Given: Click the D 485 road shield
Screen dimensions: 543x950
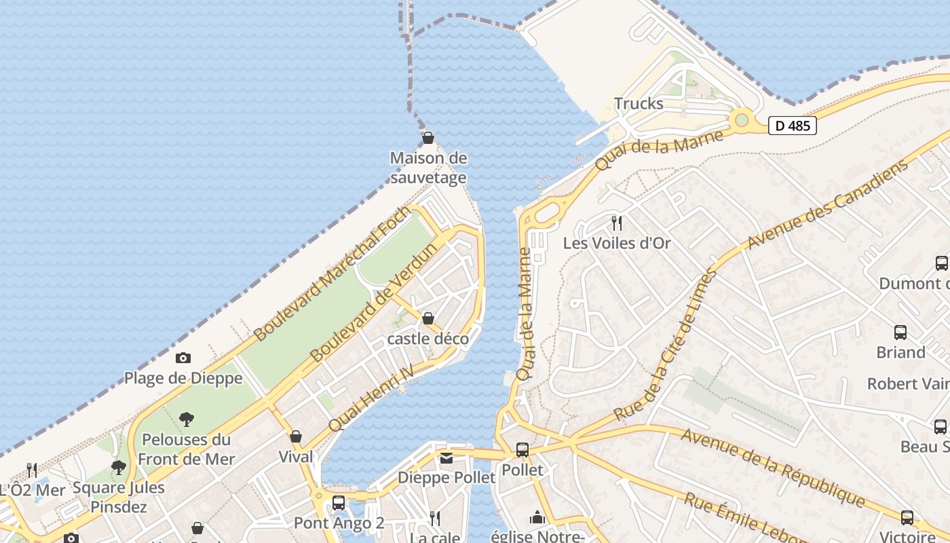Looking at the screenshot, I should [x=793, y=126].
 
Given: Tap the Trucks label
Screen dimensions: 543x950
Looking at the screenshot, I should [x=639, y=104].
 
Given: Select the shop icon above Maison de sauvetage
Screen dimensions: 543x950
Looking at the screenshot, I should [x=428, y=138].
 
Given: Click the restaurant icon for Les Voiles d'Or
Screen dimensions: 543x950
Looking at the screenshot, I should [x=617, y=223].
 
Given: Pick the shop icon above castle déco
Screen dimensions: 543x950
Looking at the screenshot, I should [x=428, y=318].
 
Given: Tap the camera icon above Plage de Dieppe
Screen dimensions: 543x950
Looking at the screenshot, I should [x=183, y=358].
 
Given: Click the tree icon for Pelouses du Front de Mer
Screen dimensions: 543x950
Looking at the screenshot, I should [x=187, y=419].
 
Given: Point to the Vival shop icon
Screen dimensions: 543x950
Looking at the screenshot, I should [x=296, y=436].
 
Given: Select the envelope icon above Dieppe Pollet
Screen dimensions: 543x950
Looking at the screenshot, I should [x=446, y=458].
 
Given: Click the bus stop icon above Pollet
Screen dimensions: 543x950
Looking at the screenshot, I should [x=522, y=449].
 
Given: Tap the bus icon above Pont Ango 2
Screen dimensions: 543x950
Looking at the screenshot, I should [x=339, y=503].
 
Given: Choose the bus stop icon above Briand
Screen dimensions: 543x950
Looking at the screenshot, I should [x=900, y=333].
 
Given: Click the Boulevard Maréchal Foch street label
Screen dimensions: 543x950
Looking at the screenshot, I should [x=332, y=274].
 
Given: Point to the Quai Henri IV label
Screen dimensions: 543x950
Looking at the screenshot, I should [x=371, y=398].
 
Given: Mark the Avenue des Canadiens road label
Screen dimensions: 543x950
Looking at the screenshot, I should [x=828, y=205].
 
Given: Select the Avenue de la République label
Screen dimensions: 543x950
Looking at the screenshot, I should [x=774, y=468].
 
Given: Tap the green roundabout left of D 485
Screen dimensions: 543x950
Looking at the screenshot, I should [x=742, y=120].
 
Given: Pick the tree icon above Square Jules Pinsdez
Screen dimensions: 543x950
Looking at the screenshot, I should [x=119, y=467].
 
